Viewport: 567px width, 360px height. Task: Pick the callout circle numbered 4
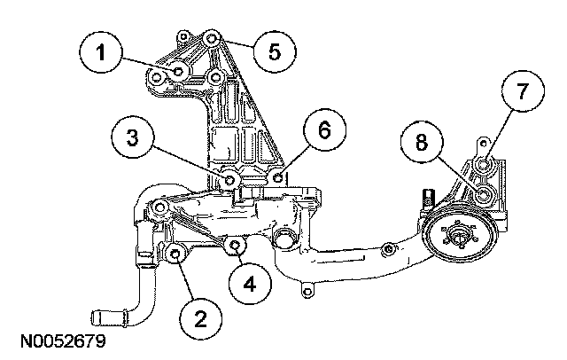tap(250, 283)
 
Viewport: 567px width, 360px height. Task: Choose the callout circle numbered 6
tap(324, 129)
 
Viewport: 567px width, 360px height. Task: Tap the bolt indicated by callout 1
tap(178, 71)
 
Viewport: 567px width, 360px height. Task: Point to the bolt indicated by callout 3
tap(229, 180)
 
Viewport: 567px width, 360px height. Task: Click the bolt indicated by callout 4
tap(236, 245)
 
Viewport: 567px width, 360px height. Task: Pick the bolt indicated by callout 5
tap(212, 38)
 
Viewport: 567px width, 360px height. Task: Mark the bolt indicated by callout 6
tap(278, 177)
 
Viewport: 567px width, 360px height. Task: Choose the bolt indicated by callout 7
tap(484, 165)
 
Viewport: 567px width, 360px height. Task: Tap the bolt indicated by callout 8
tap(484, 195)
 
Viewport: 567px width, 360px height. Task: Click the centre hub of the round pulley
tap(460, 237)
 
